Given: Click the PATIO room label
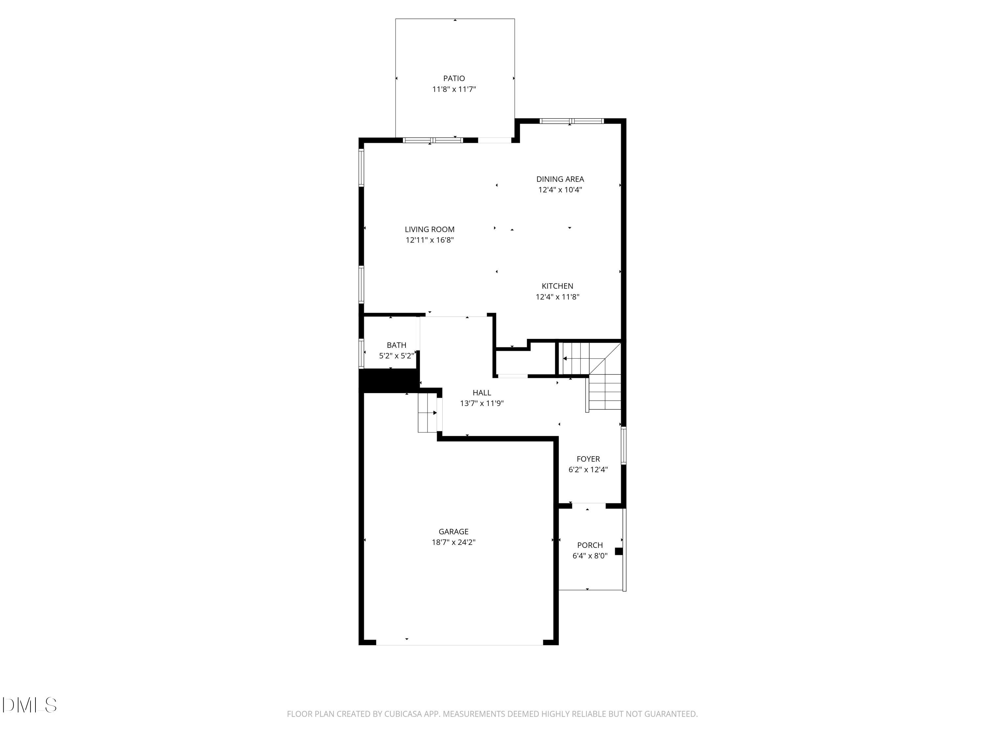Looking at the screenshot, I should tap(454, 78).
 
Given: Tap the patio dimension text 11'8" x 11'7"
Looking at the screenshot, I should tap(454, 89).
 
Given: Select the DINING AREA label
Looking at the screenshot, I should tap(560, 179).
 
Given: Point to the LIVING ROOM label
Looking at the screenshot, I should tap(429, 229).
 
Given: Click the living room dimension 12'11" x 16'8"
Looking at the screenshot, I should tap(429, 240).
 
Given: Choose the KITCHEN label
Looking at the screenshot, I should tap(557, 286).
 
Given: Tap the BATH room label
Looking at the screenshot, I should tap(396, 345).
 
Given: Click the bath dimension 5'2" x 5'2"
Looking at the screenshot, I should tap(396, 356).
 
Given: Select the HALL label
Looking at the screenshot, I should tap(481, 393).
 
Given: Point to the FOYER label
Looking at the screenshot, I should tap(588, 459).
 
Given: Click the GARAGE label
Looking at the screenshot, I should tap(453, 531).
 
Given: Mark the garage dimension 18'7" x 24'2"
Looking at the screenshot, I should tap(453, 542).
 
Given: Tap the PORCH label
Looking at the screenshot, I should tap(590, 545).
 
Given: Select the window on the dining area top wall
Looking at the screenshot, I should tap(571, 121).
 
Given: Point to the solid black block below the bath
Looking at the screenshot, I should tap(389, 381).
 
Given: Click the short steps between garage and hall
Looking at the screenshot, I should tap(427, 413).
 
